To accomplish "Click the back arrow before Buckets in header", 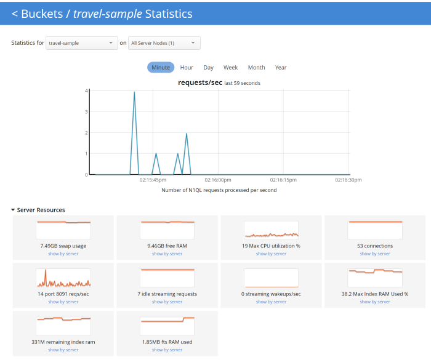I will click(x=15, y=14).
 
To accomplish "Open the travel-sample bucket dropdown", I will click(x=82, y=43).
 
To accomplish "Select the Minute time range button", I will click(x=161, y=68).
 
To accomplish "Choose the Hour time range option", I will click(x=187, y=68).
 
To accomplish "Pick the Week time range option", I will click(x=230, y=68).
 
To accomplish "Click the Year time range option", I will click(x=281, y=68).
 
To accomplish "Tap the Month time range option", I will click(x=256, y=68).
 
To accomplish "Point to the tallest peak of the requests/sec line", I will click(x=134, y=92).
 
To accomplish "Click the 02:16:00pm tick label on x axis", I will click(x=217, y=180).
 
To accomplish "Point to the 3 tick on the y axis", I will click(x=86, y=112).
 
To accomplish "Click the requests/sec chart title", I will click(x=200, y=82).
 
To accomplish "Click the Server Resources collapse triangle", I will click(x=13, y=210).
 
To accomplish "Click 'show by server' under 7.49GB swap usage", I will click(x=63, y=254).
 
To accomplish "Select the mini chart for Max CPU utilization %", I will click(x=271, y=230).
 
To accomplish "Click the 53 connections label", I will click(x=375, y=246).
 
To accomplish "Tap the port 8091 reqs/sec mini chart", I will click(x=63, y=278).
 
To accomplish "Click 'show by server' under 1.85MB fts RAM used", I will click(x=167, y=350).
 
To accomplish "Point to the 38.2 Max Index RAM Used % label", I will click(x=375, y=294).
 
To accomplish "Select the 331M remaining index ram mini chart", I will click(x=63, y=326).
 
